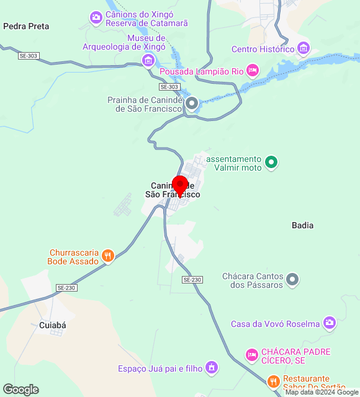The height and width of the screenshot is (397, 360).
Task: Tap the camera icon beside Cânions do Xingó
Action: pos(96,17)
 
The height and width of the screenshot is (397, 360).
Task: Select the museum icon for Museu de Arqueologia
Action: pos(148,60)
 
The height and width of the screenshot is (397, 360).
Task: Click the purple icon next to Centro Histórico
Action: pos(304,48)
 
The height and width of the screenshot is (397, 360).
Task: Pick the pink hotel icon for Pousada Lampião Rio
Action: pos(252,70)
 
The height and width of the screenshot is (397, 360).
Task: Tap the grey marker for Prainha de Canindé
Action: pos(192,103)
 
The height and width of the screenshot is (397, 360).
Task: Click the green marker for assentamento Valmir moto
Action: pos(271,163)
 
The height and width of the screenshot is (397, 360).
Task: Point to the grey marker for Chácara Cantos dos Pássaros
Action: pos(294,280)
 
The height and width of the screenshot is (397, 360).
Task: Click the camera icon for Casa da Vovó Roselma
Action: pos(329,323)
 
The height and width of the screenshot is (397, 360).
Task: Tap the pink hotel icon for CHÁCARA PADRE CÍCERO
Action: pos(251,355)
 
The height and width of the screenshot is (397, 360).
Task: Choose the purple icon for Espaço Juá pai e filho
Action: pos(212,368)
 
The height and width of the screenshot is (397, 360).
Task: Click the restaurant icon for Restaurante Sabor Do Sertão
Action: pos(273,381)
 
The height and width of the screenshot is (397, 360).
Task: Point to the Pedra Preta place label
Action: pos(26,27)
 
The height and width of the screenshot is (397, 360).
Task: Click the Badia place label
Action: pos(302,225)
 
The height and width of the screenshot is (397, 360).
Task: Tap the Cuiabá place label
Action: pos(52,324)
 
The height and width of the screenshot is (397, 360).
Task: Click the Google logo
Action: pos(20,390)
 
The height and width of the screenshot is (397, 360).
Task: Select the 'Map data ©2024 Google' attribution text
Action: pos(322,392)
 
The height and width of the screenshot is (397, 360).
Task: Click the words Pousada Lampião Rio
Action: pos(202,71)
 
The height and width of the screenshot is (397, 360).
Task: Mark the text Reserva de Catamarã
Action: pos(145,23)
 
